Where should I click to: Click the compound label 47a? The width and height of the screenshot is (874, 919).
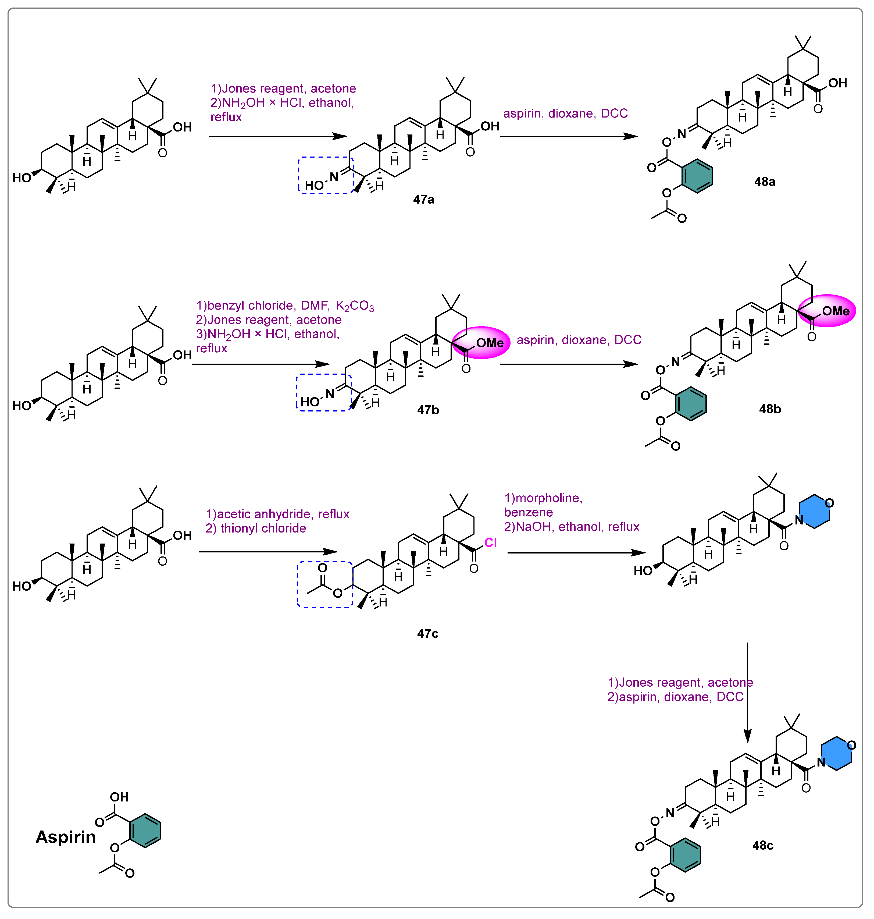(x=423, y=200)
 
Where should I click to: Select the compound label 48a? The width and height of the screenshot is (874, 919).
(x=765, y=182)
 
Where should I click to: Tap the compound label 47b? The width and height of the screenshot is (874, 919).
(x=428, y=410)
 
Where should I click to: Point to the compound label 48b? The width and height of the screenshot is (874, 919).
(x=770, y=409)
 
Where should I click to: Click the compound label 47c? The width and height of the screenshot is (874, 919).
(x=427, y=633)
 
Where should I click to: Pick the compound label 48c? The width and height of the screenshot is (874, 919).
(x=763, y=845)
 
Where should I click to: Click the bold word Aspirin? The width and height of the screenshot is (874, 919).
(x=66, y=837)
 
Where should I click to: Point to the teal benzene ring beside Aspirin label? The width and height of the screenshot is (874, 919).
(x=145, y=831)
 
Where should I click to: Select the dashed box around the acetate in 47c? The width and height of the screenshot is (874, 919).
(x=325, y=584)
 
